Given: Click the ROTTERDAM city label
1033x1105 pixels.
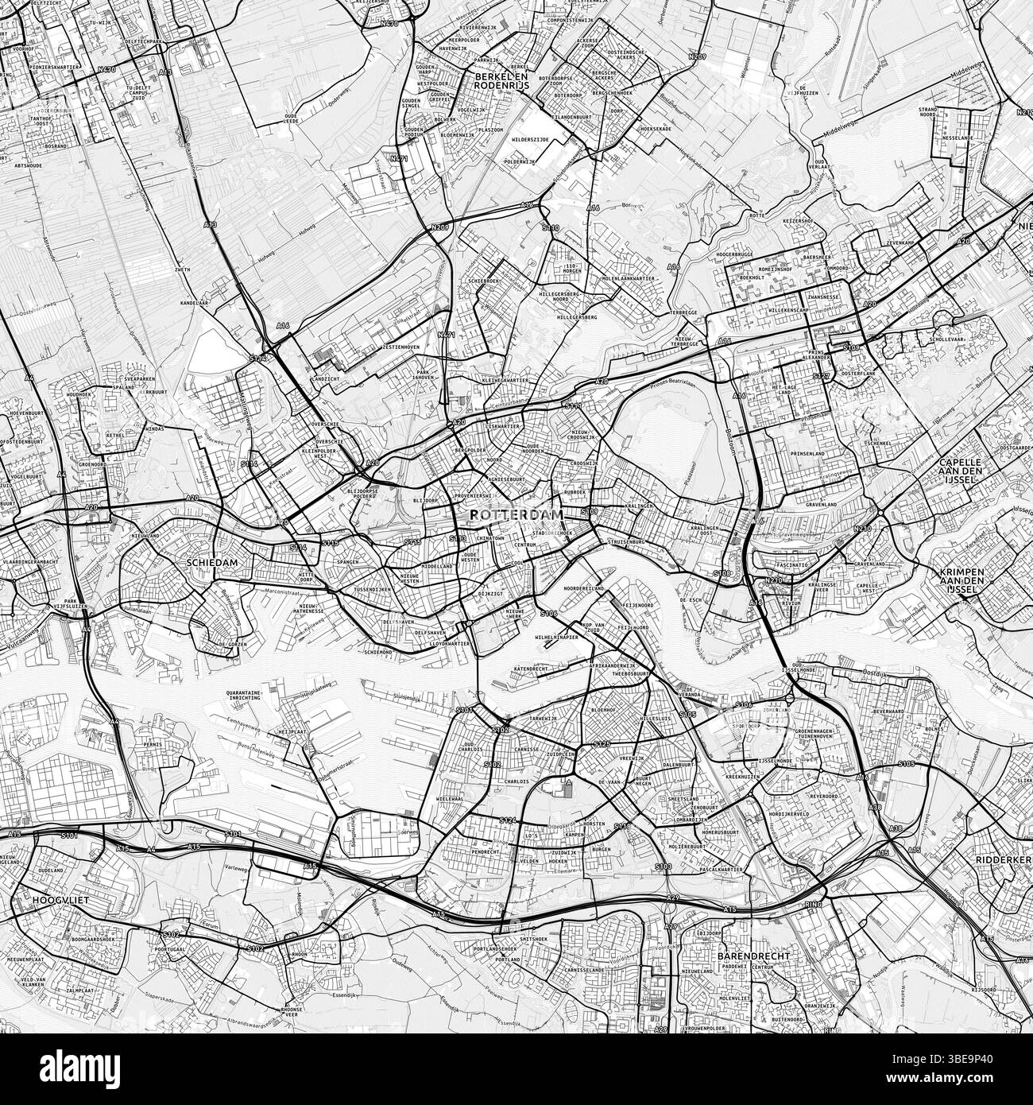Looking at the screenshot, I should (x=516, y=514).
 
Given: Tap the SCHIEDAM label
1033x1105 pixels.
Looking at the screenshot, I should (x=212, y=562).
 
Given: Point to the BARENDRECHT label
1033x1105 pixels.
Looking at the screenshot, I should (x=752, y=956).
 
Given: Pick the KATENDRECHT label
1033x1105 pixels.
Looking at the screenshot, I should (x=532, y=669).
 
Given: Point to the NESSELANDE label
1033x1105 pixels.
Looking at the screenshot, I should (x=957, y=138).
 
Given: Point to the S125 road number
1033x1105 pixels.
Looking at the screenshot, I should (x=602, y=743).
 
